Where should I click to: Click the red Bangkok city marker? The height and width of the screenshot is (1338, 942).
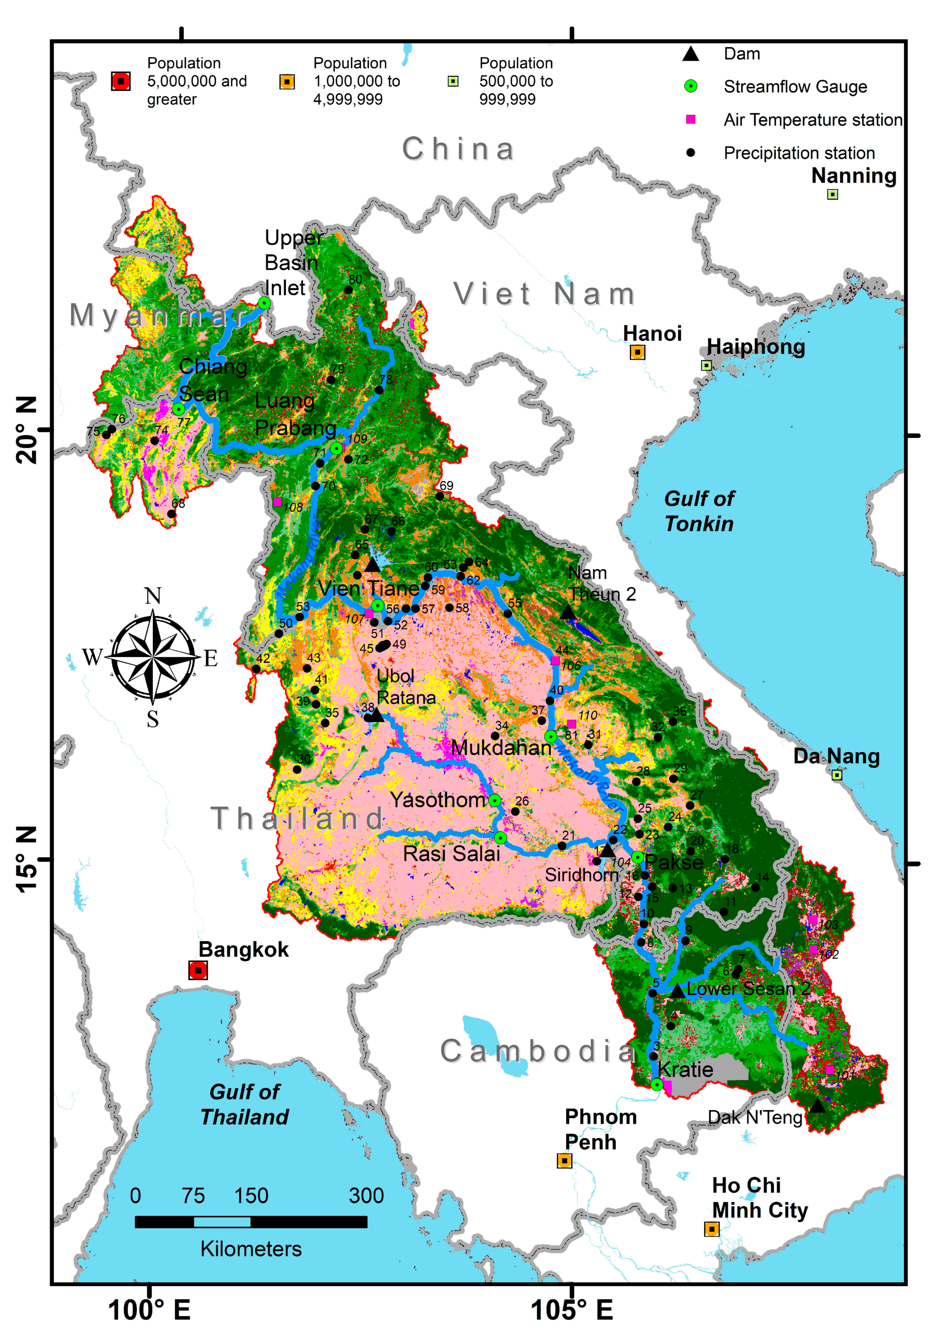198,970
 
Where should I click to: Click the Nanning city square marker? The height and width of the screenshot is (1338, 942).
832,194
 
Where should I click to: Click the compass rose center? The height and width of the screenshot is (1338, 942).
153,657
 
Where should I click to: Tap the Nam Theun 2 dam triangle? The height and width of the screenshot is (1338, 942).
568,612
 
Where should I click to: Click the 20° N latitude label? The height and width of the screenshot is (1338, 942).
26,430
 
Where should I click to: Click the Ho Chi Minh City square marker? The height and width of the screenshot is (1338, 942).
711,1229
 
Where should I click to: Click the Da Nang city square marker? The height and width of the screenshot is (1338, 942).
837,775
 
